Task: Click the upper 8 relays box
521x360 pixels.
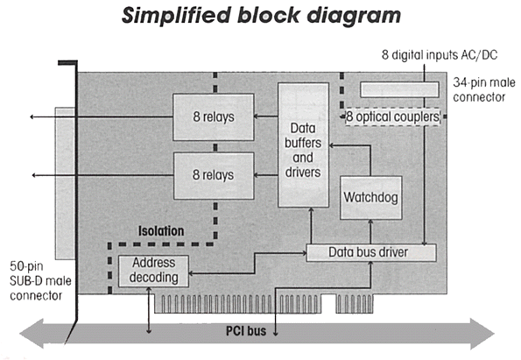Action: coord(214,117)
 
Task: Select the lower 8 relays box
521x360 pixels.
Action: coord(214,175)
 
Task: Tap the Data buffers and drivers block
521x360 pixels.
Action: coord(303,145)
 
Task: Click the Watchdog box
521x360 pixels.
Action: coord(370,197)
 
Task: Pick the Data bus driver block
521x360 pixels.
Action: coord(370,252)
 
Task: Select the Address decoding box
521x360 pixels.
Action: coord(153,271)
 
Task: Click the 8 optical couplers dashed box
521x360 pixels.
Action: coord(393,117)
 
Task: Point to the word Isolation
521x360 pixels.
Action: coord(161,231)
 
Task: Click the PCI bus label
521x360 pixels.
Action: coord(246,331)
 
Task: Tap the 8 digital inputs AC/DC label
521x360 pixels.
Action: coord(440,55)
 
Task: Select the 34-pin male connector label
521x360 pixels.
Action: coord(483,89)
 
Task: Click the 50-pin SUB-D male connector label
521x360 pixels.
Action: coord(40,281)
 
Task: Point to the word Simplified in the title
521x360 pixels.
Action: coord(176,16)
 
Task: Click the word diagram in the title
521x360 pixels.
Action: coord(354,16)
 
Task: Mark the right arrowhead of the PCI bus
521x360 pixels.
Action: coord(482,334)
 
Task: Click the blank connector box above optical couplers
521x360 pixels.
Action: coord(399,89)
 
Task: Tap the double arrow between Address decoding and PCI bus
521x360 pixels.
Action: coord(149,310)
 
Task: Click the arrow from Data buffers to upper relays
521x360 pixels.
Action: coord(266,116)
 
